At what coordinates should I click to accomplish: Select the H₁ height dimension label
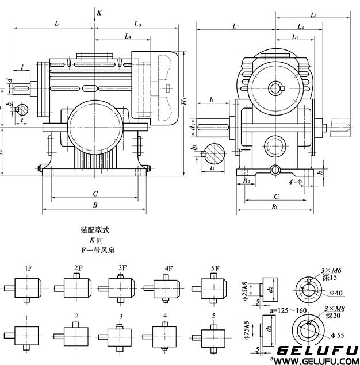[x=183, y=102]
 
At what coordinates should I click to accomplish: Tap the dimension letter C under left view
[x=95, y=194]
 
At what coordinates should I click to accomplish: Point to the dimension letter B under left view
[x=95, y=205]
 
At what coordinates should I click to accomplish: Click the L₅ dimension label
[x=294, y=37]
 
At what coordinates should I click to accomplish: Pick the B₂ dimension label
[x=246, y=181]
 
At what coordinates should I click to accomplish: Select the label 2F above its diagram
[x=78, y=268]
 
